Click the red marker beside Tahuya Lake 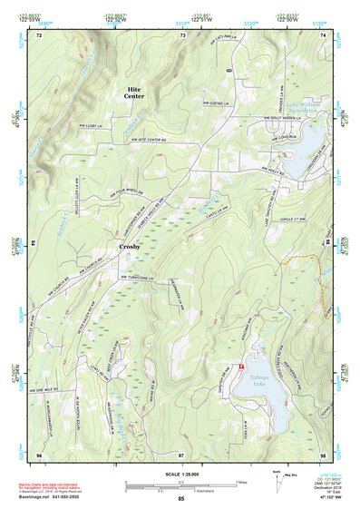point(241,365)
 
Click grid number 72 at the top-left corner point(39,34)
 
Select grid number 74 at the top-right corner point(324,34)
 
